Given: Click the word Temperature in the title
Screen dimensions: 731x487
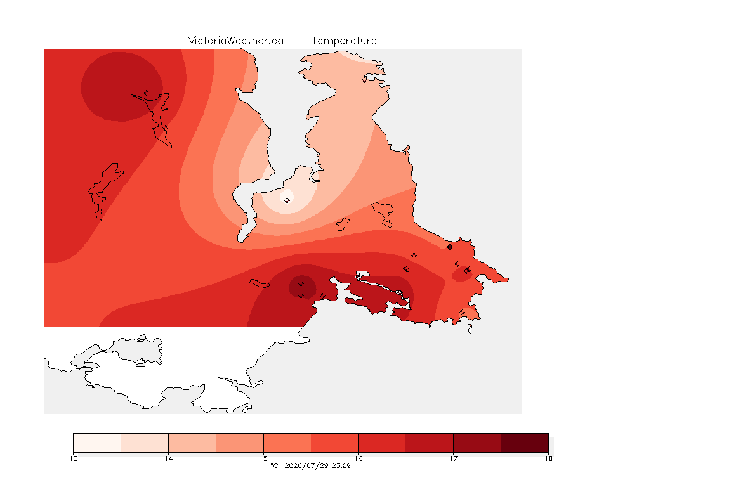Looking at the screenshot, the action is [x=344, y=41].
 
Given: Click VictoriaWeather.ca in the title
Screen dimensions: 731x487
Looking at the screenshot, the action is [x=236, y=41].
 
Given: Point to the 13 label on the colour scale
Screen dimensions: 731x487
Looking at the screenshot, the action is [x=73, y=458].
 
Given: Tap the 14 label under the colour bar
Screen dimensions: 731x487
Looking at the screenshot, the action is [x=168, y=458].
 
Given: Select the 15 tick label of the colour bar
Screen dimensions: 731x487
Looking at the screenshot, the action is [x=263, y=458].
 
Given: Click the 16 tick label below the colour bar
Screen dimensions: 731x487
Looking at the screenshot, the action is [x=358, y=458].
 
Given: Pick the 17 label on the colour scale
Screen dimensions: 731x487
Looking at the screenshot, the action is [x=453, y=458].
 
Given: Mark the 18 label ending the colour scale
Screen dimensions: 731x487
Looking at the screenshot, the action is [x=548, y=458].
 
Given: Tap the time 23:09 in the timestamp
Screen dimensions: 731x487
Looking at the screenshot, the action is [x=341, y=465].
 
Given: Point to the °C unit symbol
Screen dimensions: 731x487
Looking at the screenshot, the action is [x=275, y=465].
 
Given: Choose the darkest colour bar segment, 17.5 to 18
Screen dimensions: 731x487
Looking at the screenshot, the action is [x=525, y=443].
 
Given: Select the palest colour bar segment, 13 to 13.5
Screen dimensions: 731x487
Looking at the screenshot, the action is [x=97, y=443].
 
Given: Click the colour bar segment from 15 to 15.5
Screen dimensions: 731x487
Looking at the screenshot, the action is [x=287, y=443].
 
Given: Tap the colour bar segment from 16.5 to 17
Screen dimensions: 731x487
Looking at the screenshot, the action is [x=430, y=443].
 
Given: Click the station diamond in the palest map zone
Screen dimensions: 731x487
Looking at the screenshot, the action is [x=287, y=200].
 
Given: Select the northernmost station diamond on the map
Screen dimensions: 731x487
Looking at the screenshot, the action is [x=365, y=80].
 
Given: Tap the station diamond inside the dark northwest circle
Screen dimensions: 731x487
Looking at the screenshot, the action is [x=147, y=93].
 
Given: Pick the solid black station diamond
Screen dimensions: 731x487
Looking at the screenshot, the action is [x=450, y=247].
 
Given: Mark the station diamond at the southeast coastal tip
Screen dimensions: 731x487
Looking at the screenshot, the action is [x=462, y=312].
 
